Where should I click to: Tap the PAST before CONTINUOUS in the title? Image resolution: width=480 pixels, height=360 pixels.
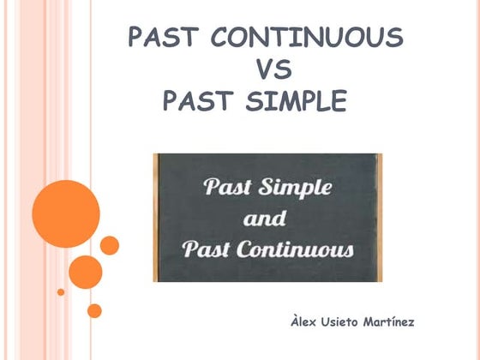[x=163, y=37]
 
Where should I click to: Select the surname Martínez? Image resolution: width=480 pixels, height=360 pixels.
[x=407, y=322]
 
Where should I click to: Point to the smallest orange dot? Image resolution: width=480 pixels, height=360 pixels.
[x=61, y=291]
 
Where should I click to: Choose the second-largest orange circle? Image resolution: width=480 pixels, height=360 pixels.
[x=85, y=271]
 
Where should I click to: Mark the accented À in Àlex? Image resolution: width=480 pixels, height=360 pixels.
[x=295, y=321]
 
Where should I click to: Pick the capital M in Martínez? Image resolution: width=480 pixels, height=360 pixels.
[x=384, y=322]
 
